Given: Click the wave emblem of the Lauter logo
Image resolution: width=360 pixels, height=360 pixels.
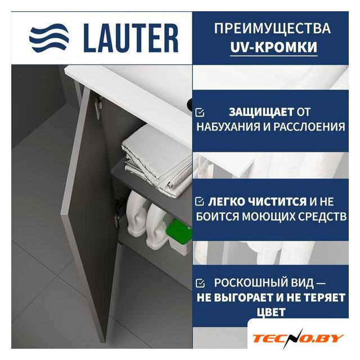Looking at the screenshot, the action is point(49,38).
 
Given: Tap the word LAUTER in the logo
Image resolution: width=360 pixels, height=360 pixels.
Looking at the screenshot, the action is point(130,38).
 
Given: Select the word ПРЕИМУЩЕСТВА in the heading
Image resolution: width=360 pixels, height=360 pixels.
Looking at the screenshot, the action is point(272,28).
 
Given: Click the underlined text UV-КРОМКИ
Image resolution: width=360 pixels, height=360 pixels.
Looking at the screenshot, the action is point(274,47).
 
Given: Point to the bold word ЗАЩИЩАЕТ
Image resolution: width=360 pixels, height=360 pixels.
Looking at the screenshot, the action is point(261,112).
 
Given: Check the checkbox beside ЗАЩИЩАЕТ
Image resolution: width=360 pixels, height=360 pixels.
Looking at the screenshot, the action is point(200,112).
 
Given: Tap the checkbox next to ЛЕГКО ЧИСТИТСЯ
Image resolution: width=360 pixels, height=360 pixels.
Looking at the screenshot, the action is point(200,201).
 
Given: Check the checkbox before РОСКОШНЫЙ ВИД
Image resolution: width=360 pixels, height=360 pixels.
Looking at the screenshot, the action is point(200,283).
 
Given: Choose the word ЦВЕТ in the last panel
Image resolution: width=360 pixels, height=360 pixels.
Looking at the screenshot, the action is point(271,312).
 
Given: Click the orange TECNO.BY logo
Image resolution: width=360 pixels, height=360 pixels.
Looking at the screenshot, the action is point(298,339).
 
